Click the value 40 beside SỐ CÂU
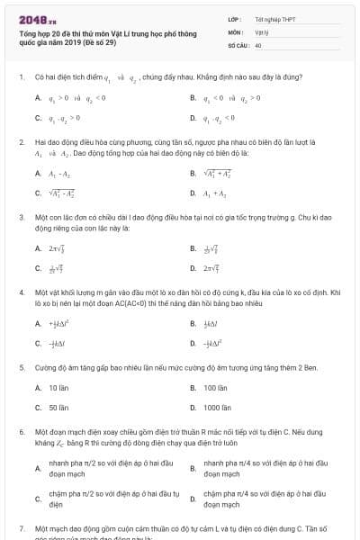(258, 44)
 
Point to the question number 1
(21, 77)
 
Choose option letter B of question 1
(193, 98)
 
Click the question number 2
(21, 142)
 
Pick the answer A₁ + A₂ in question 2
(216, 193)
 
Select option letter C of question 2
(38, 193)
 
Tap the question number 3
(21, 217)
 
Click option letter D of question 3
(193, 268)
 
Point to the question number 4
(21, 292)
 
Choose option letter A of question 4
(38, 323)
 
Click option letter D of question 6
(193, 499)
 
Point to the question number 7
(21, 527)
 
